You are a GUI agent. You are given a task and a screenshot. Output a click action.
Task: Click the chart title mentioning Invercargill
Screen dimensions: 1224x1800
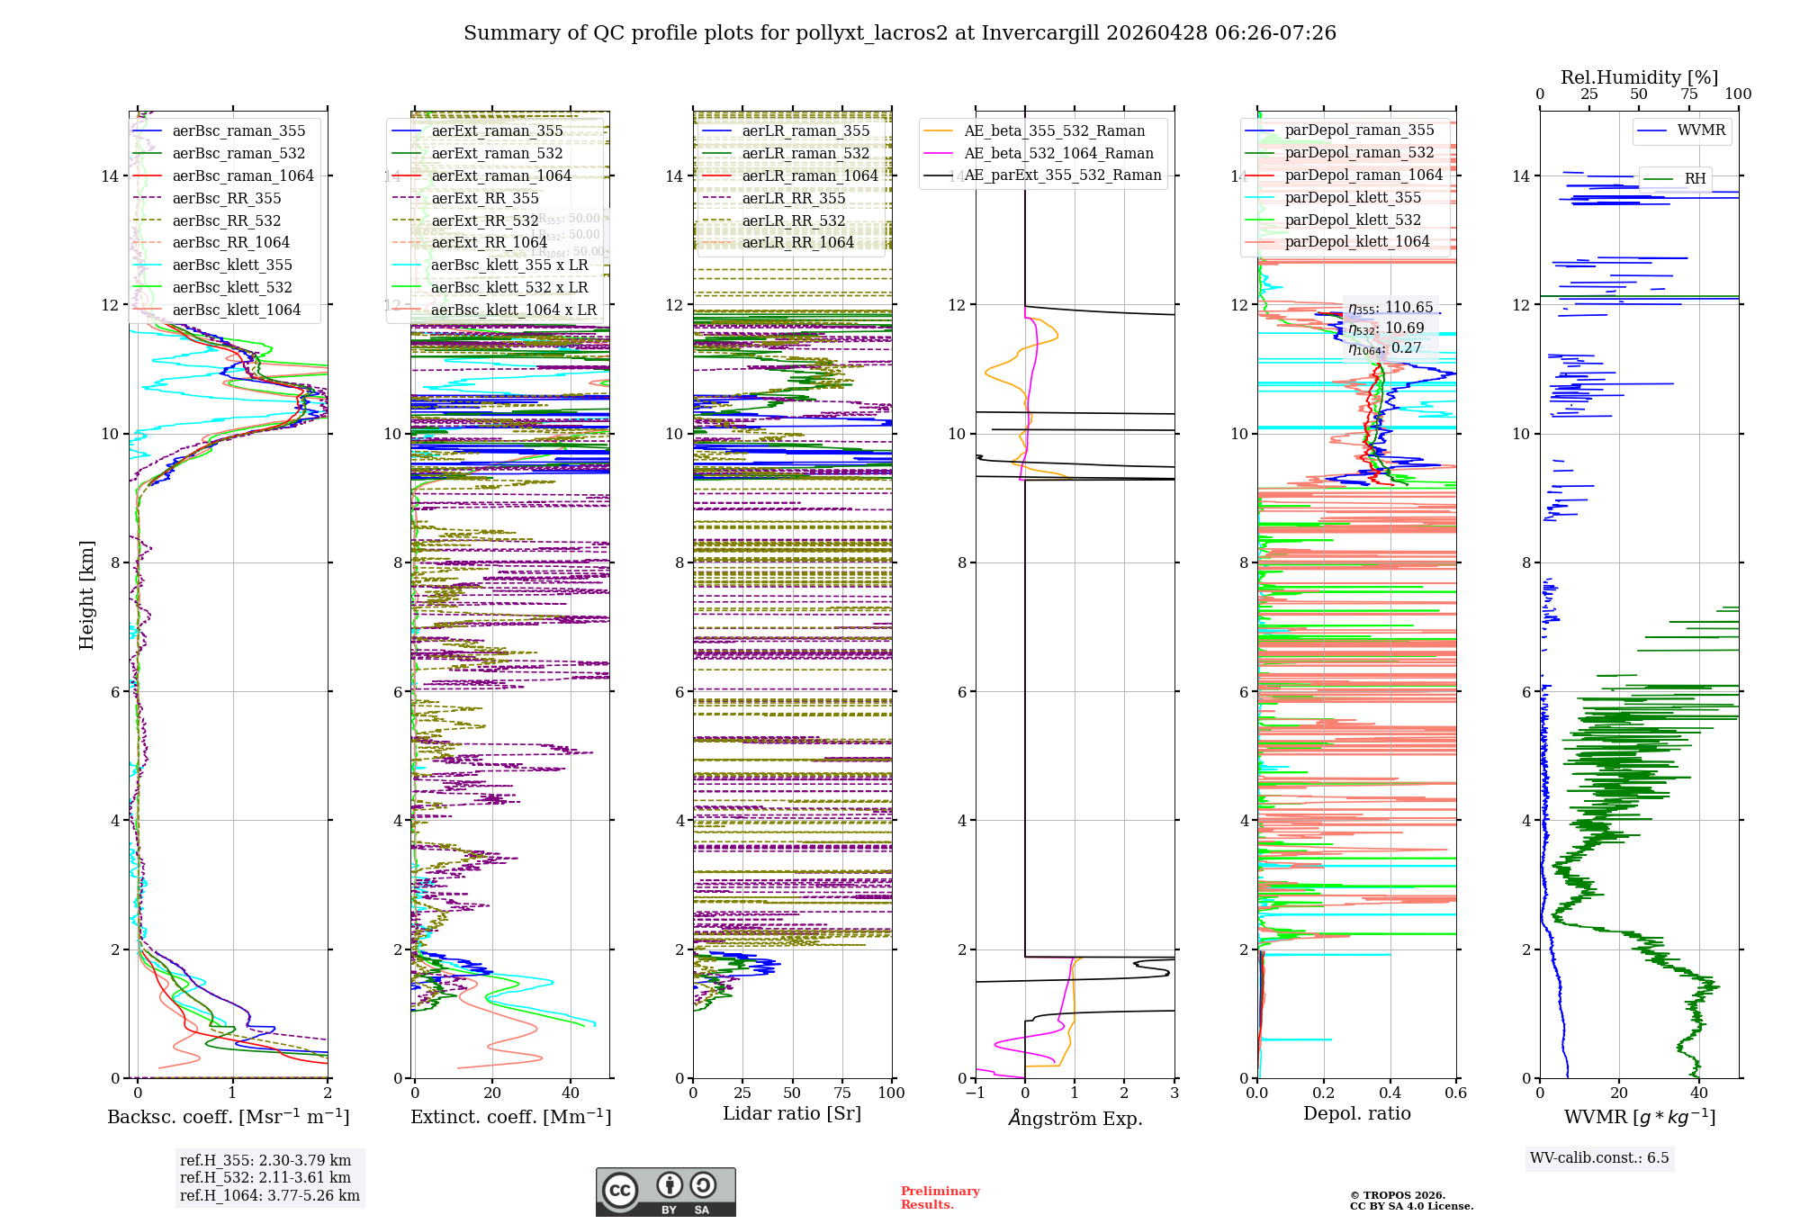[899, 33]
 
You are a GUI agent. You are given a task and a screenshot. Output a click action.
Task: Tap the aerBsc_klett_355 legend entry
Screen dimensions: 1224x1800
[232, 265]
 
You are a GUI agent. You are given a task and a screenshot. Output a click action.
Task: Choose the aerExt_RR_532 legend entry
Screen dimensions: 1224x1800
[485, 220]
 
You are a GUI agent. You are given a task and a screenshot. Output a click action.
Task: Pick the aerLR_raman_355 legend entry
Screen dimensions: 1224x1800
[805, 130]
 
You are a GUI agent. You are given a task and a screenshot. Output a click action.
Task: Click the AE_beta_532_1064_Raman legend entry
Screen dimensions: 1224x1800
[1058, 153]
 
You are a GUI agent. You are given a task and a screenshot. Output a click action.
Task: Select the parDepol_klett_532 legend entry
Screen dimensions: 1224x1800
[1353, 220]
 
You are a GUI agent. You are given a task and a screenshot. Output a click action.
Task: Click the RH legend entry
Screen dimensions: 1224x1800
[1695, 178]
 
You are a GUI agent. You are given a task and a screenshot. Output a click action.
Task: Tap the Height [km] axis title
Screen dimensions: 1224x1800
[86, 595]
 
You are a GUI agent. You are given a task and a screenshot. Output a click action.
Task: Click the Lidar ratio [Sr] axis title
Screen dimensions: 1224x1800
[792, 1113]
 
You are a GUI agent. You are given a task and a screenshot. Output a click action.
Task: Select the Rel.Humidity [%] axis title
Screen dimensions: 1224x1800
[1639, 77]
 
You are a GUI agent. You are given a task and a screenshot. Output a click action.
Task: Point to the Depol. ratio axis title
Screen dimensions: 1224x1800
[1356, 1113]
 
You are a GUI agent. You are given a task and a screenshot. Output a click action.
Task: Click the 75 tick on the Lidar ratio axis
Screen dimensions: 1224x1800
[842, 1093]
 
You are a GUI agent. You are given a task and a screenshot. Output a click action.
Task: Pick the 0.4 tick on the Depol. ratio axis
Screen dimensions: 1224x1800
[1390, 1093]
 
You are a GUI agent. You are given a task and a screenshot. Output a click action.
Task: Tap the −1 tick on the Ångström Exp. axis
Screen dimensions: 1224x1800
[975, 1093]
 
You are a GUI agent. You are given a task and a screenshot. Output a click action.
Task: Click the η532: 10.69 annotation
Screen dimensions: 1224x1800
[1386, 328]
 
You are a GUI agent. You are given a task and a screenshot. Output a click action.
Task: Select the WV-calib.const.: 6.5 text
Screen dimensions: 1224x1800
[1599, 1157]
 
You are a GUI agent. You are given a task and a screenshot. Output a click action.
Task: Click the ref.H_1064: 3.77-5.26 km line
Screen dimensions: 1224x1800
[270, 1195]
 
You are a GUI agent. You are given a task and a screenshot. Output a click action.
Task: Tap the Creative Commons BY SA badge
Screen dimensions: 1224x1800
[665, 1192]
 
